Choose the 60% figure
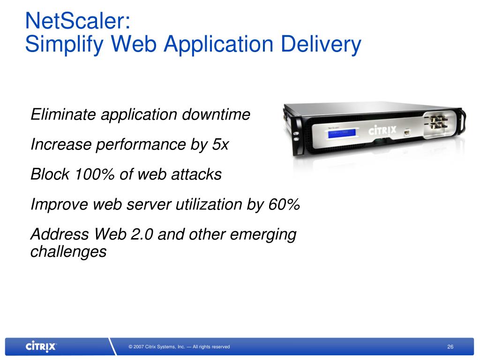click(x=284, y=204)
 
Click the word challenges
click(x=68, y=252)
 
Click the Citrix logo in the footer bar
click(x=41, y=347)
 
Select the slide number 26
click(x=450, y=347)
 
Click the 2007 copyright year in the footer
click(x=138, y=347)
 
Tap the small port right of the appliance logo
click(x=407, y=133)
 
